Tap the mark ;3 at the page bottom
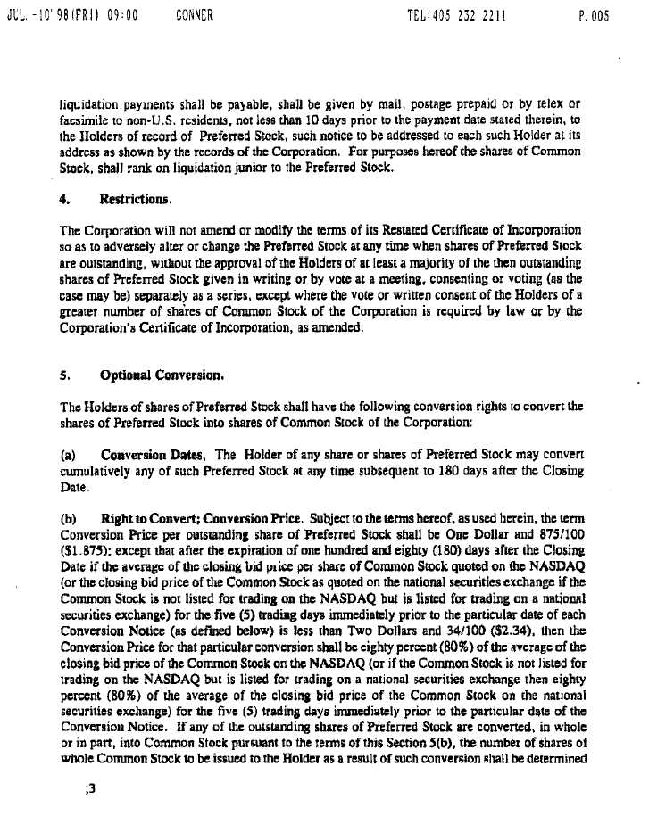[87, 787]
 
